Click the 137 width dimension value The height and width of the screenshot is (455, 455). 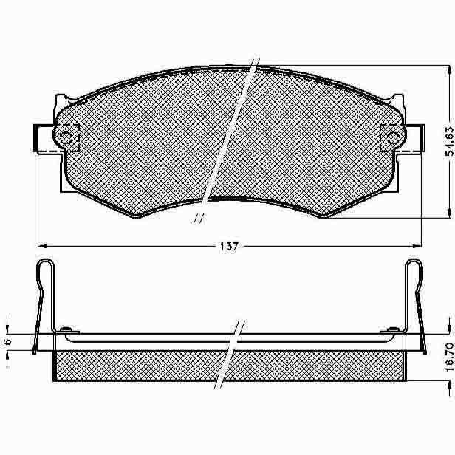pos(229,247)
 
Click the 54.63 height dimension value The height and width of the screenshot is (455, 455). pos(449,141)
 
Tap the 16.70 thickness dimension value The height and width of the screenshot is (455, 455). pos(449,357)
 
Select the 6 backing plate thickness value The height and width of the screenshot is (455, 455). pos(8,341)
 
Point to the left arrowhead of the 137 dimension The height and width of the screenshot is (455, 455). pos(42,246)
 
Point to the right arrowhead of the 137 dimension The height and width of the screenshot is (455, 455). pos(417,246)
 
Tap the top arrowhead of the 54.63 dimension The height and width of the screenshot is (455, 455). pos(450,69)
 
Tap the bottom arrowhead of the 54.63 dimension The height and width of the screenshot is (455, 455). pos(450,213)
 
